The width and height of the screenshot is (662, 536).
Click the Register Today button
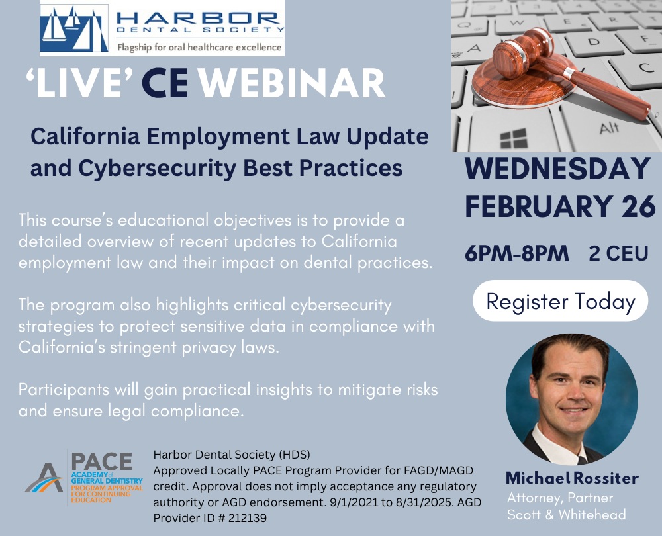(x=560, y=301)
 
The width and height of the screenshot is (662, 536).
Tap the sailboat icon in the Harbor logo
(x=74, y=28)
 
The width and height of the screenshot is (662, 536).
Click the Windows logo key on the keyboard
(x=514, y=139)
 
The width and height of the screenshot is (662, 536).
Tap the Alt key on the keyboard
(x=609, y=126)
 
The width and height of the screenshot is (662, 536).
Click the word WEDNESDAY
(x=557, y=169)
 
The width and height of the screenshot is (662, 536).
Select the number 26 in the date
(x=638, y=206)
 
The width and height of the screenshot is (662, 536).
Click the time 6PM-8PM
(x=517, y=253)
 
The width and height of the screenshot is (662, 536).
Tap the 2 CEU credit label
(x=618, y=253)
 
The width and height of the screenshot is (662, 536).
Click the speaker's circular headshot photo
(x=572, y=399)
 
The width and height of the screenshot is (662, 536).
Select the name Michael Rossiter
(x=572, y=478)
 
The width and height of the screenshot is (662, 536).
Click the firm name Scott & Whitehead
(x=566, y=514)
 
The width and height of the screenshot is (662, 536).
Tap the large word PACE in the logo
(x=102, y=461)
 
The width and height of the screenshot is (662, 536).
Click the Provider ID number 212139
(x=248, y=518)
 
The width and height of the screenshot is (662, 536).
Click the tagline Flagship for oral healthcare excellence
(x=199, y=47)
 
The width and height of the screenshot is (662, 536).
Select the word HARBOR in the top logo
(x=197, y=18)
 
